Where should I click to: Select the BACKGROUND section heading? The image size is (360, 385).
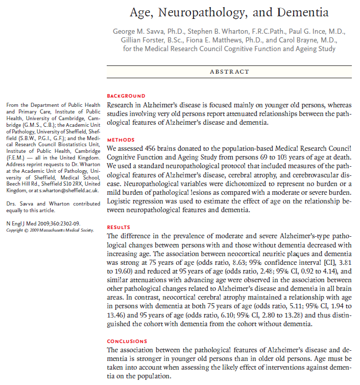coord(126,96)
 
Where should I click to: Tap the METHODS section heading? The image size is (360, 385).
coord(121,140)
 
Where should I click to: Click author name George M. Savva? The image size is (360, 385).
coord(144,32)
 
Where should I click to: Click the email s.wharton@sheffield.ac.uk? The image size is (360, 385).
coord(63,191)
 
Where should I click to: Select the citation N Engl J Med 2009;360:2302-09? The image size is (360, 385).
coord(42,223)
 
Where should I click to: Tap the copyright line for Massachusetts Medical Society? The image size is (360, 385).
coord(50,230)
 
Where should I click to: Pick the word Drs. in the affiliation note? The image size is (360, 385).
coord(11,203)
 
